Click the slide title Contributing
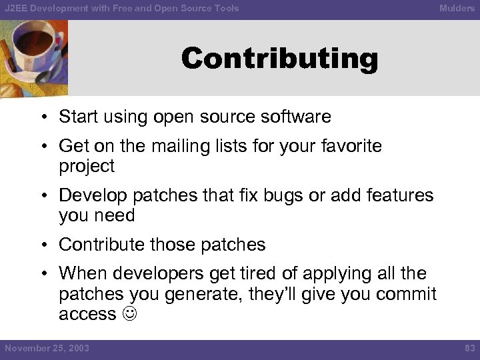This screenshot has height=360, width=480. (279, 59)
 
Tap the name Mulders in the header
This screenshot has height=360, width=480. (457, 8)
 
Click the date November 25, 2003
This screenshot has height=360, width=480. (47, 348)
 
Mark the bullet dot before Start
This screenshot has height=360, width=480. (42, 117)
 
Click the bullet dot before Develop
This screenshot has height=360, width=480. (42, 196)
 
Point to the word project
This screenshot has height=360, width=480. (87, 166)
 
